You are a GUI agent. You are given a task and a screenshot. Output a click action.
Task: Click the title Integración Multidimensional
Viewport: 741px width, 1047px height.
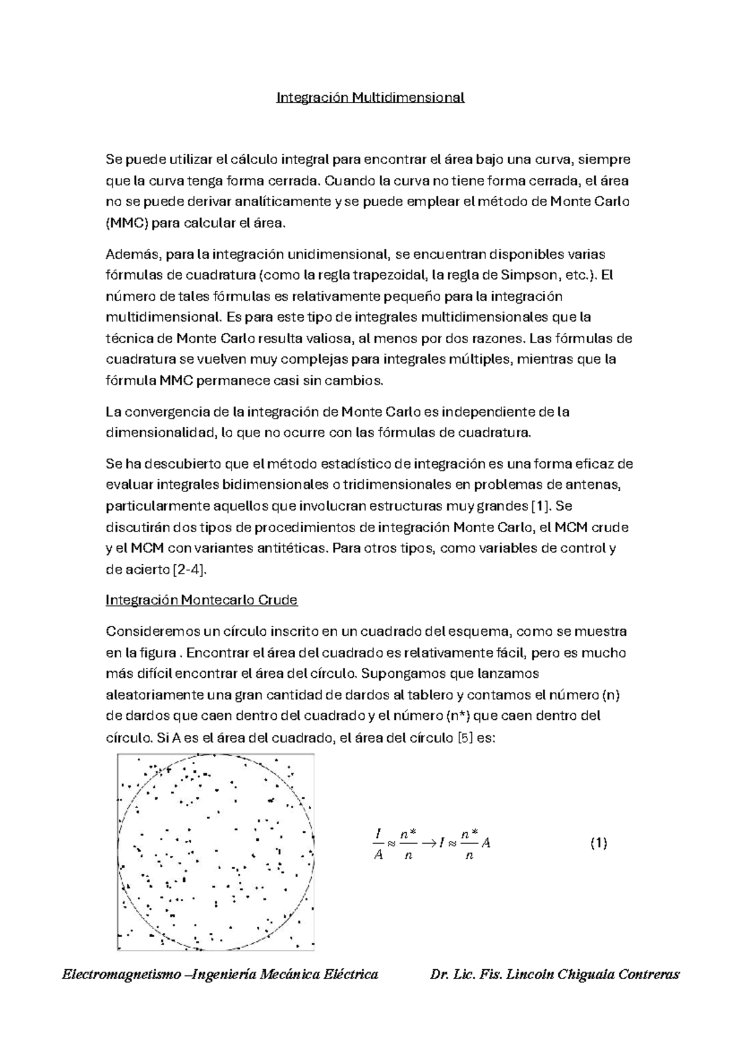(x=370, y=97)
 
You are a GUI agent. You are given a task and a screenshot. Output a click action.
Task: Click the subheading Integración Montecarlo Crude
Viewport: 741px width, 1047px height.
(x=202, y=599)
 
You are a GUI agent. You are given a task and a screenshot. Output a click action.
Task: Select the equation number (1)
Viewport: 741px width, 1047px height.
(x=598, y=843)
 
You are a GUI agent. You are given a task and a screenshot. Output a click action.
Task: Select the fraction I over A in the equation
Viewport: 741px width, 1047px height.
(x=378, y=844)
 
